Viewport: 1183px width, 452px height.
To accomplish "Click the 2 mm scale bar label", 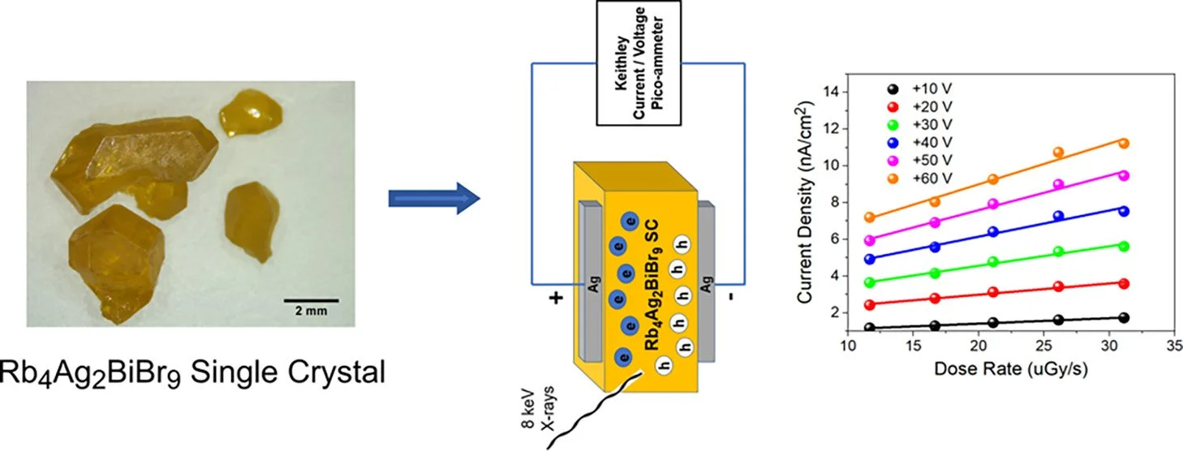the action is point(311,311).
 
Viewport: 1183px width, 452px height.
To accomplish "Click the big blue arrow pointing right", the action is point(434,199).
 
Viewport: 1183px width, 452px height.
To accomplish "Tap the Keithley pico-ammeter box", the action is point(639,62).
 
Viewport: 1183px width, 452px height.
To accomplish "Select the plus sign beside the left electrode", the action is point(556,299).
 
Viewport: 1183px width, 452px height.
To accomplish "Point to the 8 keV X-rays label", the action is point(539,410).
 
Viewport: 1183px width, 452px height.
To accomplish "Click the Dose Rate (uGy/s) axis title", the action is point(1011,368).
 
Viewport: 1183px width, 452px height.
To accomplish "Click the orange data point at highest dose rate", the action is point(1124,144).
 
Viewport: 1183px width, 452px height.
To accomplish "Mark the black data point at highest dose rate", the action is point(1124,318).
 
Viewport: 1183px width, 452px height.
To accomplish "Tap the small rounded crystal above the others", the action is point(250,113).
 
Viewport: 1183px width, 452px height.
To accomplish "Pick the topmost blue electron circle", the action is point(630,222).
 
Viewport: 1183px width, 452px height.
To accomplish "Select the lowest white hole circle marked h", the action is point(664,365).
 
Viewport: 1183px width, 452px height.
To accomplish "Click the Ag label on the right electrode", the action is point(706,285).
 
